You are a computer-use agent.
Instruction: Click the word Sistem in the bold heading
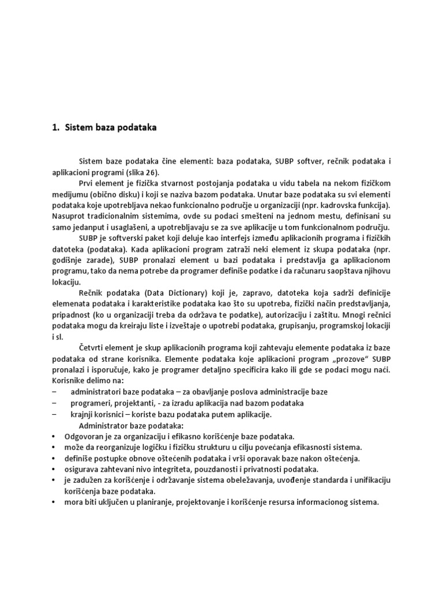click(83, 129)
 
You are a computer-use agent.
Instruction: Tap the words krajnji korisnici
click(100, 414)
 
